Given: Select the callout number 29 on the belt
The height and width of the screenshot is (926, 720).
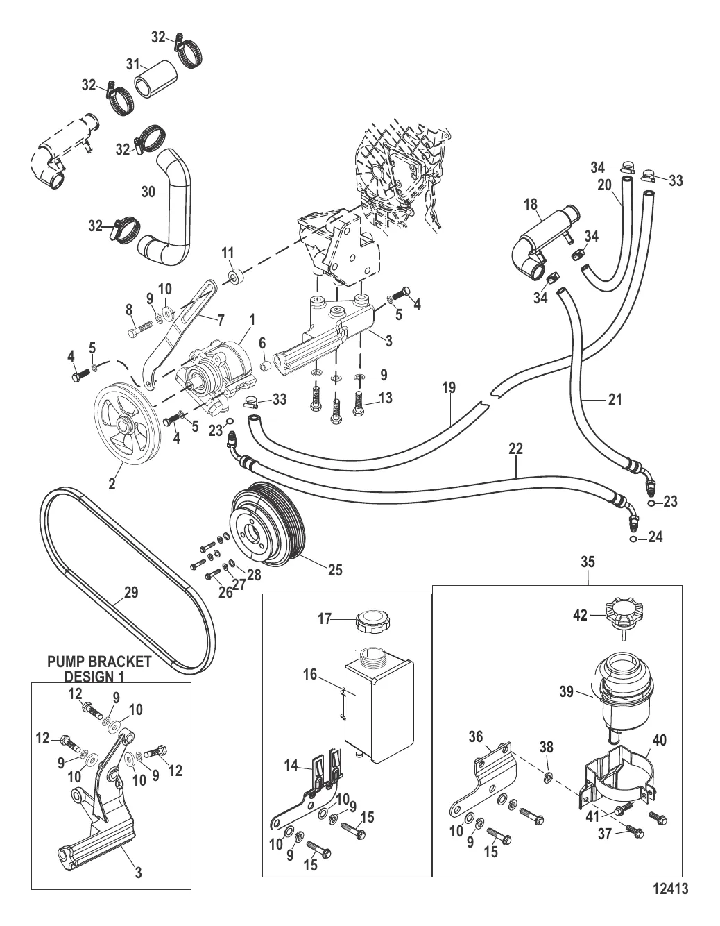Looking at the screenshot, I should (x=131, y=593).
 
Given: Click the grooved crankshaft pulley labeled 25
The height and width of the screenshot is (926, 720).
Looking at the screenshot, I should (x=268, y=520).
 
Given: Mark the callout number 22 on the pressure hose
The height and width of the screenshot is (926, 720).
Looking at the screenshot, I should (x=515, y=449).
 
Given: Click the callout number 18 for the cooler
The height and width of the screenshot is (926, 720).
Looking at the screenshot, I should (x=531, y=205).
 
